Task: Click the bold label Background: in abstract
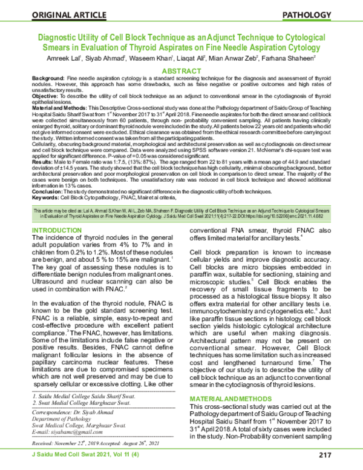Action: (48, 80)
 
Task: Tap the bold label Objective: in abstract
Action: (45, 96)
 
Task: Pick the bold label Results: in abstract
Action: (43, 162)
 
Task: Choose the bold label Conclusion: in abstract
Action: (47, 190)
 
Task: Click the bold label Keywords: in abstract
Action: (46, 195)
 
